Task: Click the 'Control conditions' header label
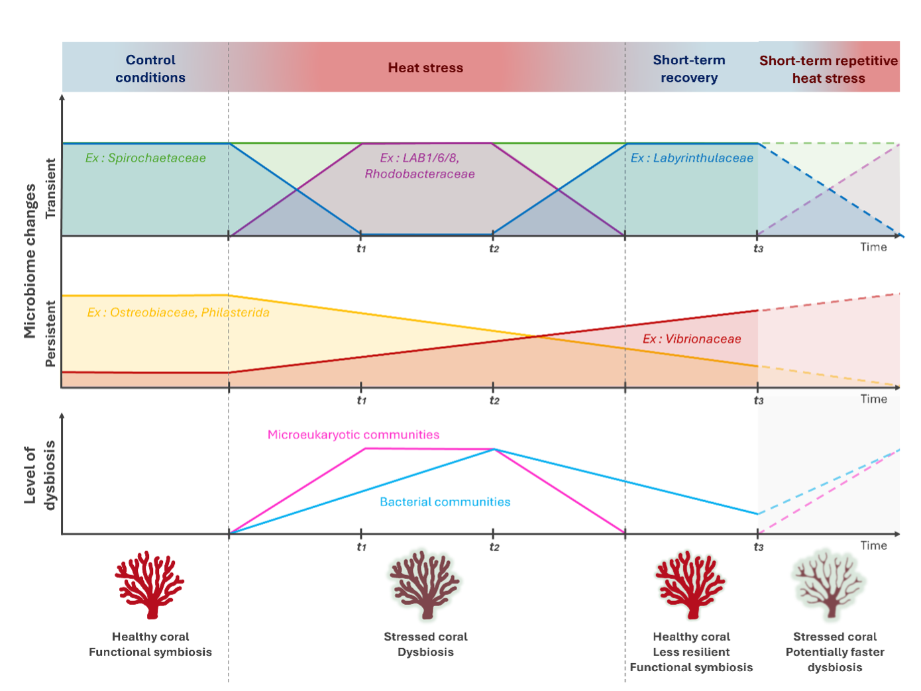[x=150, y=69]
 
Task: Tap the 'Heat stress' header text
[x=425, y=68]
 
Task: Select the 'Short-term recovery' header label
[x=689, y=69]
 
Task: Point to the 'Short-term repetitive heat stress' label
[x=828, y=69]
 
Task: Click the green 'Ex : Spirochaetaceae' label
[x=145, y=158]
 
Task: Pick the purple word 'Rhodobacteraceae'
[x=419, y=174]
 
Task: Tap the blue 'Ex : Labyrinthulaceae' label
[x=692, y=158]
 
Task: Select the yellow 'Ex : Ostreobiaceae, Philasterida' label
[x=178, y=313]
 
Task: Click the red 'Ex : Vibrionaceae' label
[x=692, y=339]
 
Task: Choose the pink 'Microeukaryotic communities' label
[x=353, y=434]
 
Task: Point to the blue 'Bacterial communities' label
[x=445, y=502]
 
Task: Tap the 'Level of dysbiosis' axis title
[x=40, y=475]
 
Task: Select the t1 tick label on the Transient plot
[x=361, y=248]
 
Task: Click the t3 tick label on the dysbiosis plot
[x=758, y=547]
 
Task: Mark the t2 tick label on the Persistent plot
[x=494, y=400]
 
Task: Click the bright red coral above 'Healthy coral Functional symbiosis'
[x=149, y=585]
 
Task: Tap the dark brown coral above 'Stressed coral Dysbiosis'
[x=425, y=585]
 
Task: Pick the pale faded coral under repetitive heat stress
[x=828, y=585]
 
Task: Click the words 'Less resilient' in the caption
[x=692, y=652]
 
